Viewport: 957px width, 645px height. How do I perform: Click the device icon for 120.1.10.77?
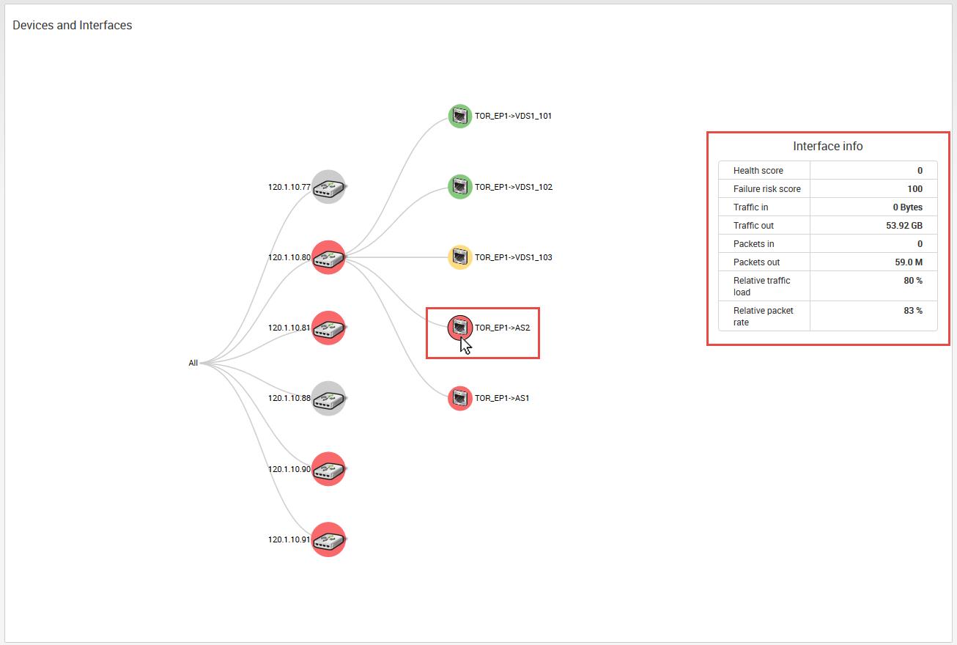[x=328, y=187]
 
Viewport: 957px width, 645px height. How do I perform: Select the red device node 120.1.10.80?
[x=328, y=257]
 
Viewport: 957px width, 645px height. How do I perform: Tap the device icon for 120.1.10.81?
[x=328, y=328]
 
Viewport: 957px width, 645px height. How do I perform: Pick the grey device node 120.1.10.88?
[x=328, y=398]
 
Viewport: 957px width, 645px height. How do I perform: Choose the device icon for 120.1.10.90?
[x=328, y=469]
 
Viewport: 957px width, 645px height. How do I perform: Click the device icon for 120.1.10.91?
[x=328, y=539]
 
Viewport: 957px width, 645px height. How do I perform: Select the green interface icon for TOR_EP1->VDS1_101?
[x=459, y=116]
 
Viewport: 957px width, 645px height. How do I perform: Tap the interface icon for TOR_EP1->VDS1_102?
[x=459, y=187]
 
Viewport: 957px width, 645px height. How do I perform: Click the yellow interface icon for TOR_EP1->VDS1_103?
[x=459, y=257]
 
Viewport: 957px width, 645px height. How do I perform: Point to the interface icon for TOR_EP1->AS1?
[x=459, y=398]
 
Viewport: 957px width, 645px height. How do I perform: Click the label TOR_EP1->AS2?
[x=502, y=328]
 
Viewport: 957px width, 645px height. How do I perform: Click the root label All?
[x=193, y=363]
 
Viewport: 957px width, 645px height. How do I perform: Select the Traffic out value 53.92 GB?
[x=904, y=226]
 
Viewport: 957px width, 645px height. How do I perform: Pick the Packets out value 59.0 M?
[x=908, y=262]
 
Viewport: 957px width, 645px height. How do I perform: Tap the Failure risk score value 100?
[x=914, y=189]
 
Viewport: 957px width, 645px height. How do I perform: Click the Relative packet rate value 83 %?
[x=912, y=311]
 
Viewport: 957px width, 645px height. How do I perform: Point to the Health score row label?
[x=758, y=171]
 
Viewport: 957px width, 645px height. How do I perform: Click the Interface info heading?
[x=827, y=147]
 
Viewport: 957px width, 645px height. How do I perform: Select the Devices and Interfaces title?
[x=73, y=25]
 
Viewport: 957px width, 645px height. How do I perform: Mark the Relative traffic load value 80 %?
[x=912, y=281]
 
